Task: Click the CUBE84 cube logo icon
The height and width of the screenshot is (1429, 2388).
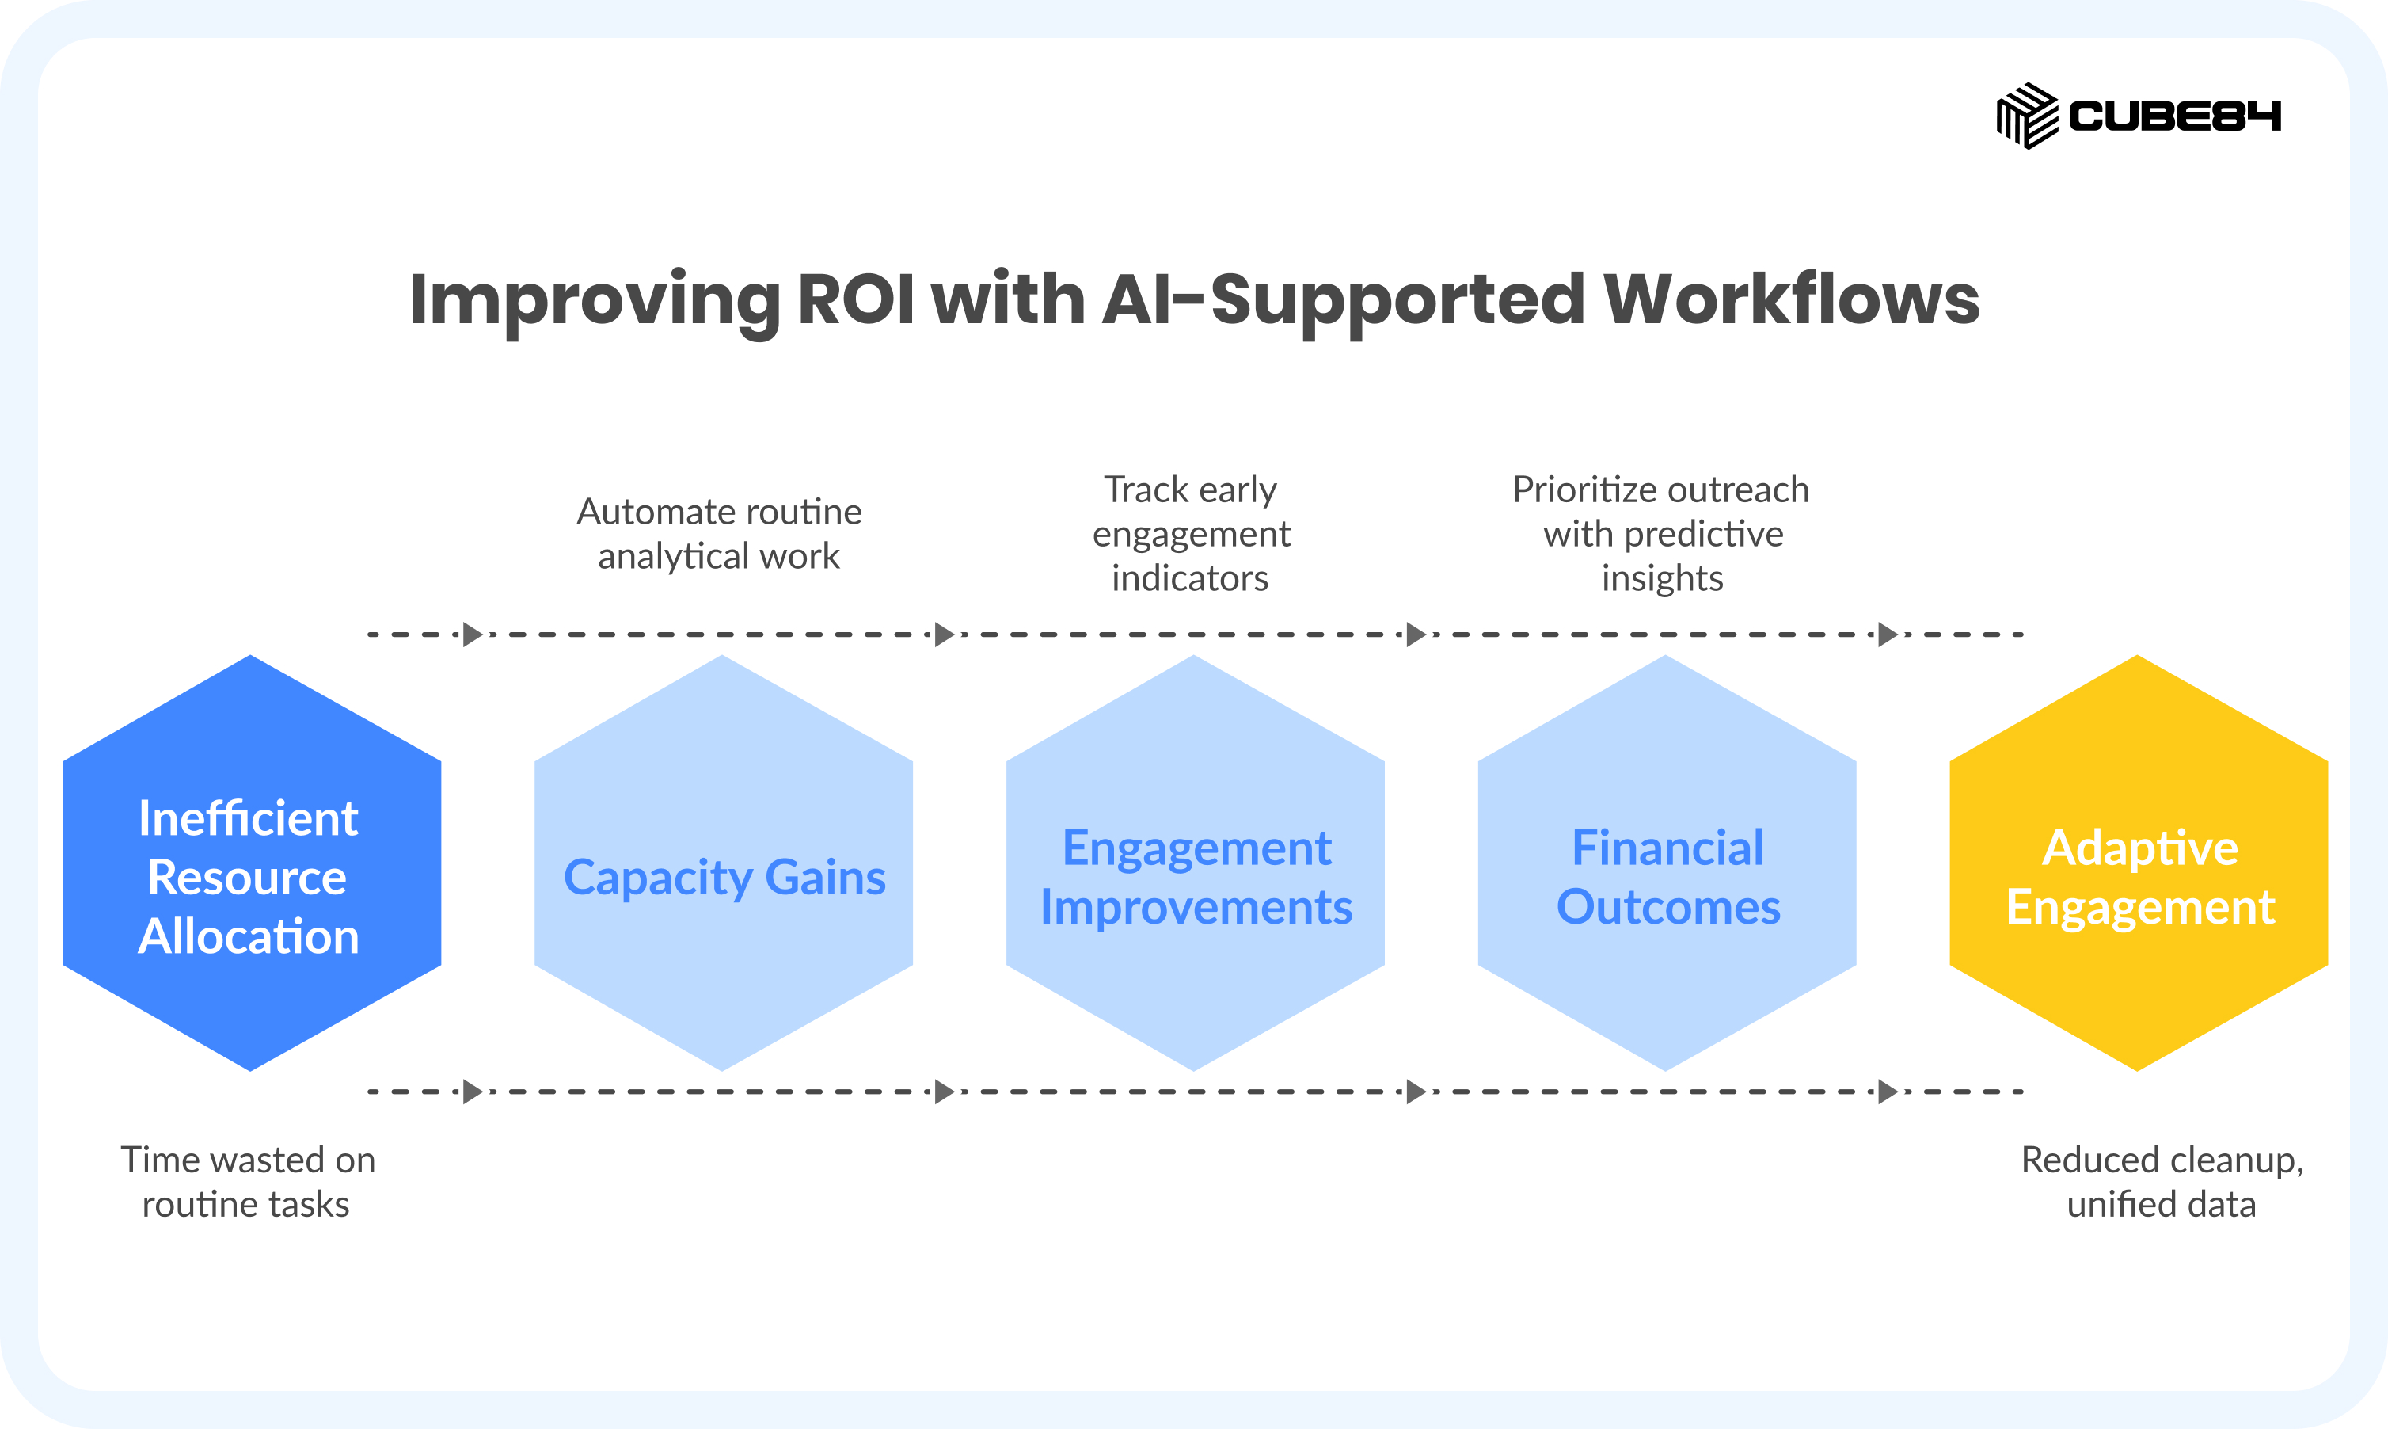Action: [x=2027, y=116]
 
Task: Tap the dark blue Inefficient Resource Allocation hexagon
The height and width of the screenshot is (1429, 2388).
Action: [x=251, y=863]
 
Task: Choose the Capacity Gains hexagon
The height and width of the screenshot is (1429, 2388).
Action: [x=723, y=863]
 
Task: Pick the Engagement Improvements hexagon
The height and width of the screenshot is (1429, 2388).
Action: [x=1195, y=863]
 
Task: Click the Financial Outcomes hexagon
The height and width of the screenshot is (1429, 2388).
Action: [x=1666, y=863]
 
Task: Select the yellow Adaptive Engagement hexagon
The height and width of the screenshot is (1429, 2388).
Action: [x=2138, y=863]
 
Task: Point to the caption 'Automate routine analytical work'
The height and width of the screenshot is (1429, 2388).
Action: [x=719, y=533]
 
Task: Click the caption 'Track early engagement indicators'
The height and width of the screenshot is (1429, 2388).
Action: [x=1191, y=533]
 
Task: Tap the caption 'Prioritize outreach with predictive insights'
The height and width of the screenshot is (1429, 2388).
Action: [x=1661, y=533]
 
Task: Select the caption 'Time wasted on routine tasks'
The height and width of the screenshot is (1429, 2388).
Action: [x=247, y=1182]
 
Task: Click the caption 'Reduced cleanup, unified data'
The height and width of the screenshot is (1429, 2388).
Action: [x=2162, y=1182]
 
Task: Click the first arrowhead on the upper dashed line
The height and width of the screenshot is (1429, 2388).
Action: [x=473, y=634]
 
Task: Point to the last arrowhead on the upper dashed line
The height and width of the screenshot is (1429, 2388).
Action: [x=1888, y=634]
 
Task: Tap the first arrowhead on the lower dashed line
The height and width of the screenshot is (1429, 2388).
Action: [x=473, y=1092]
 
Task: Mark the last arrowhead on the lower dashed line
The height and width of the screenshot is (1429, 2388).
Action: [x=1888, y=1092]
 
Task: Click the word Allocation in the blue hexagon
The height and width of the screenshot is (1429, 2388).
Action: [x=249, y=936]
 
